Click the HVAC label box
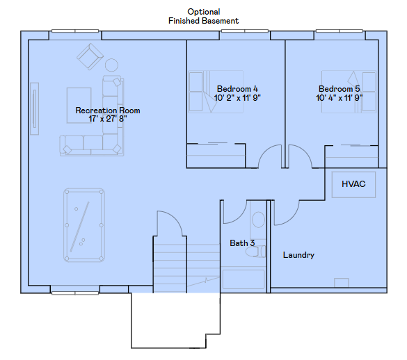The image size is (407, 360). pos(353,184)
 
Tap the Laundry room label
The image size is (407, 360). pos(298,255)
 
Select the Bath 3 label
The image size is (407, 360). pos(242,243)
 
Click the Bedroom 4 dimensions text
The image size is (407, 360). pos(237,98)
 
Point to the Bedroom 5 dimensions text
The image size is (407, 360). pos(340,98)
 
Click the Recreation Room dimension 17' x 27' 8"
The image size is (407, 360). pos(108,119)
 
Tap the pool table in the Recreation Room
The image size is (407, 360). pos(84,225)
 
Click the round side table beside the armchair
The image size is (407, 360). pos(111,65)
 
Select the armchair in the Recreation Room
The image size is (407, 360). pos(90,56)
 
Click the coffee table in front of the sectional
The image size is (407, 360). pos(79,106)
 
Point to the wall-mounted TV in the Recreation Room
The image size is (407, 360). pos(35,108)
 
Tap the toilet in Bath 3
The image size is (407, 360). pos(255,252)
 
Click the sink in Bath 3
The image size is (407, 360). pos(258,220)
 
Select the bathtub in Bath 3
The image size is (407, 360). pos(244,279)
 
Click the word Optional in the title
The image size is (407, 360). pos(204,12)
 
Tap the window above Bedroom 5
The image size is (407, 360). pos(340,31)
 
